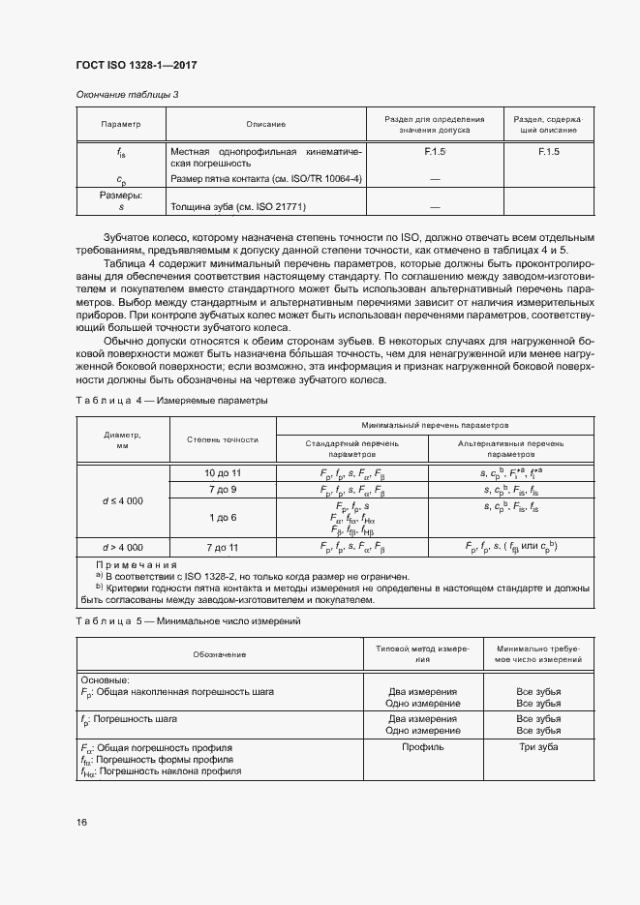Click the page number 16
point(82,822)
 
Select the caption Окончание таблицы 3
point(127,94)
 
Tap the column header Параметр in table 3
point(121,124)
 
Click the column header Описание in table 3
point(265,124)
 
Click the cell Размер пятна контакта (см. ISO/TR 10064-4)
point(266,179)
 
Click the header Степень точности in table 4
point(223,439)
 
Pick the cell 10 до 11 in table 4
point(223,471)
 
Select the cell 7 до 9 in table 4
point(223,490)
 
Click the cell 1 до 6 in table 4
point(223,517)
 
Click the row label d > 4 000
point(122,547)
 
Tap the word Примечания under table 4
point(137,564)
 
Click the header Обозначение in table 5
point(219,655)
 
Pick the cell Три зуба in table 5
point(538,747)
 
